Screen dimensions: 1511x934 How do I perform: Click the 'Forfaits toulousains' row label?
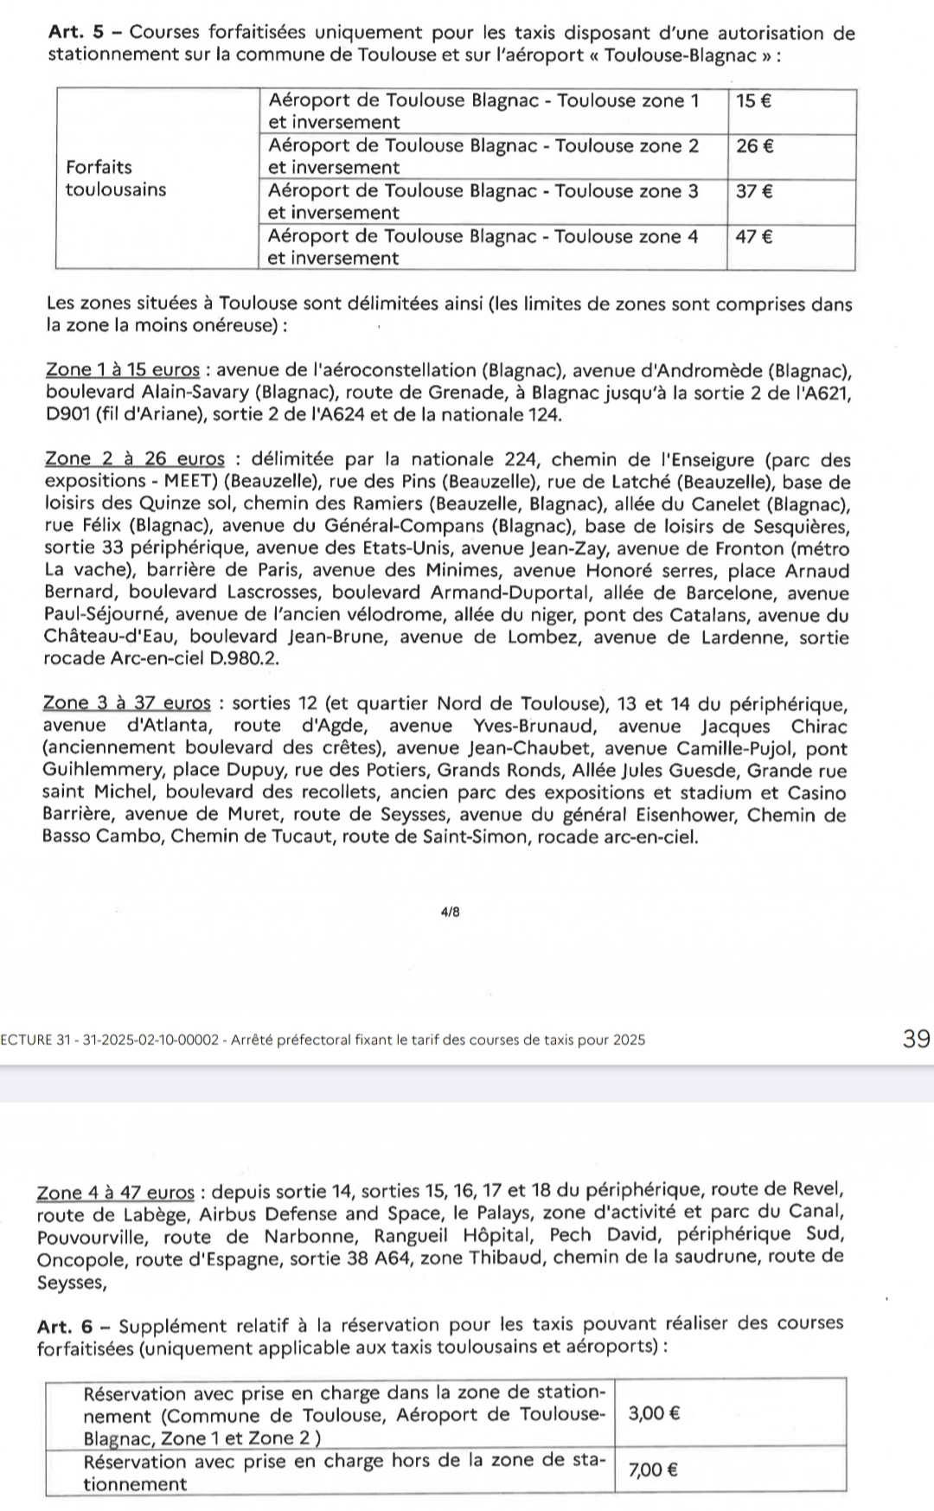[x=116, y=178]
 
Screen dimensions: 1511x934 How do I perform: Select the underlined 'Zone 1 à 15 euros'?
[x=123, y=370]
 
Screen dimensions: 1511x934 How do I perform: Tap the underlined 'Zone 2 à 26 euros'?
[x=134, y=459]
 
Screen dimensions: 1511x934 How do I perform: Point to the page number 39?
[x=915, y=1039]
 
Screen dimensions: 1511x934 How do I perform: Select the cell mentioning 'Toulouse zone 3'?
[x=491, y=201]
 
